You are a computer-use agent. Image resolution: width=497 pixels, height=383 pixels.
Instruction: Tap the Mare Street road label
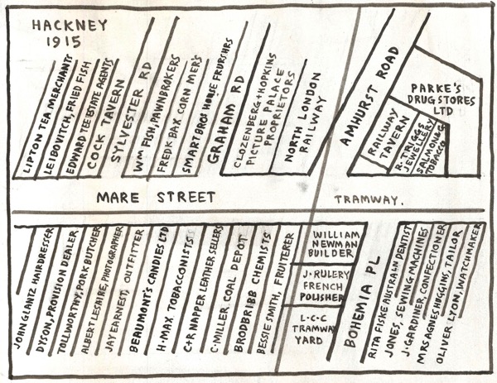tap(155, 198)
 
